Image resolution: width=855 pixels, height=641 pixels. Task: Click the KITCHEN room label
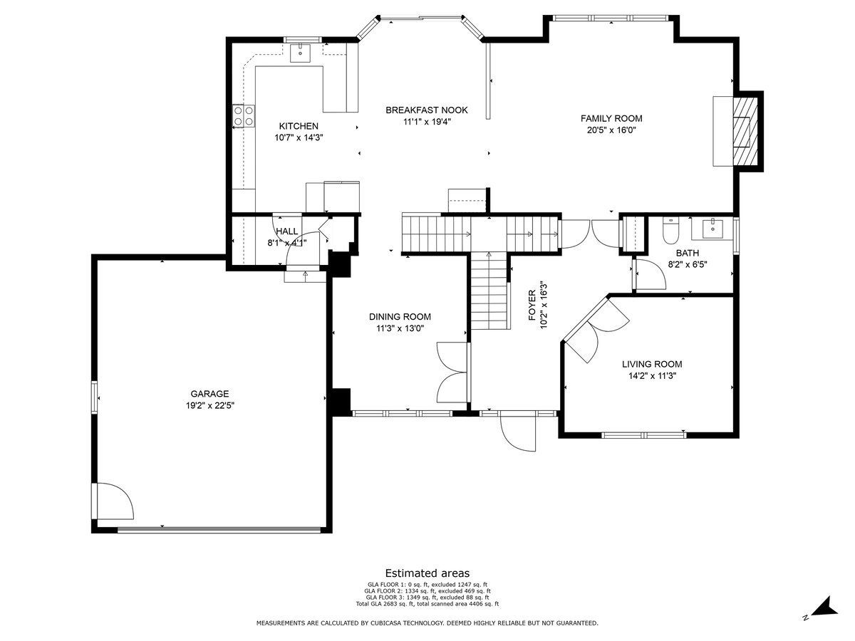click(x=299, y=126)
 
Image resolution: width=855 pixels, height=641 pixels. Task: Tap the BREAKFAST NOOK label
click(x=427, y=110)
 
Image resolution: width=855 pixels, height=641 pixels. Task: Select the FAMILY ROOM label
click(x=611, y=118)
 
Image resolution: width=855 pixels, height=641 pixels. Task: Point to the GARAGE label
click(x=209, y=393)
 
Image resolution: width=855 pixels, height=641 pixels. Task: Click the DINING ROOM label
click(x=400, y=317)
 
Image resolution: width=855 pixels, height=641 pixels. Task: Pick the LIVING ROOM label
click(x=652, y=364)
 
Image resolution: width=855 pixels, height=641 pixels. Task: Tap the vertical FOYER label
click(x=532, y=306)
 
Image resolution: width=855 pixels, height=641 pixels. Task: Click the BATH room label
click(x=687, y=253)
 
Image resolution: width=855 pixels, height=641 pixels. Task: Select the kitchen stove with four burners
click(x=244, y=115)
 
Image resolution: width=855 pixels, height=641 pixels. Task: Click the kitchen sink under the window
click(x=301, y=53)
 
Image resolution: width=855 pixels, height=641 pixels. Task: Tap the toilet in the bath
click(x=670, y=230)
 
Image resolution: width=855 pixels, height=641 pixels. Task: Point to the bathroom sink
click(x=712, y=229)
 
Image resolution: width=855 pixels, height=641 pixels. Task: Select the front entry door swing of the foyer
click(x=518, y=432)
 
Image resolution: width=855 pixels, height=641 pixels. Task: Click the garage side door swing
click(x=115, y=501)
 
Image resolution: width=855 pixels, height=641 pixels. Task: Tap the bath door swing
click(x=651, y=274)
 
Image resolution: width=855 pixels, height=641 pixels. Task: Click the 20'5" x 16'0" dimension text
click(x=611, y=130)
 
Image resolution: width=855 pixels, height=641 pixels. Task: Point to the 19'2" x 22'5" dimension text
click(x=210, y=405)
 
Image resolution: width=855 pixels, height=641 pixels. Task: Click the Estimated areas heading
click(x=427, y=573)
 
